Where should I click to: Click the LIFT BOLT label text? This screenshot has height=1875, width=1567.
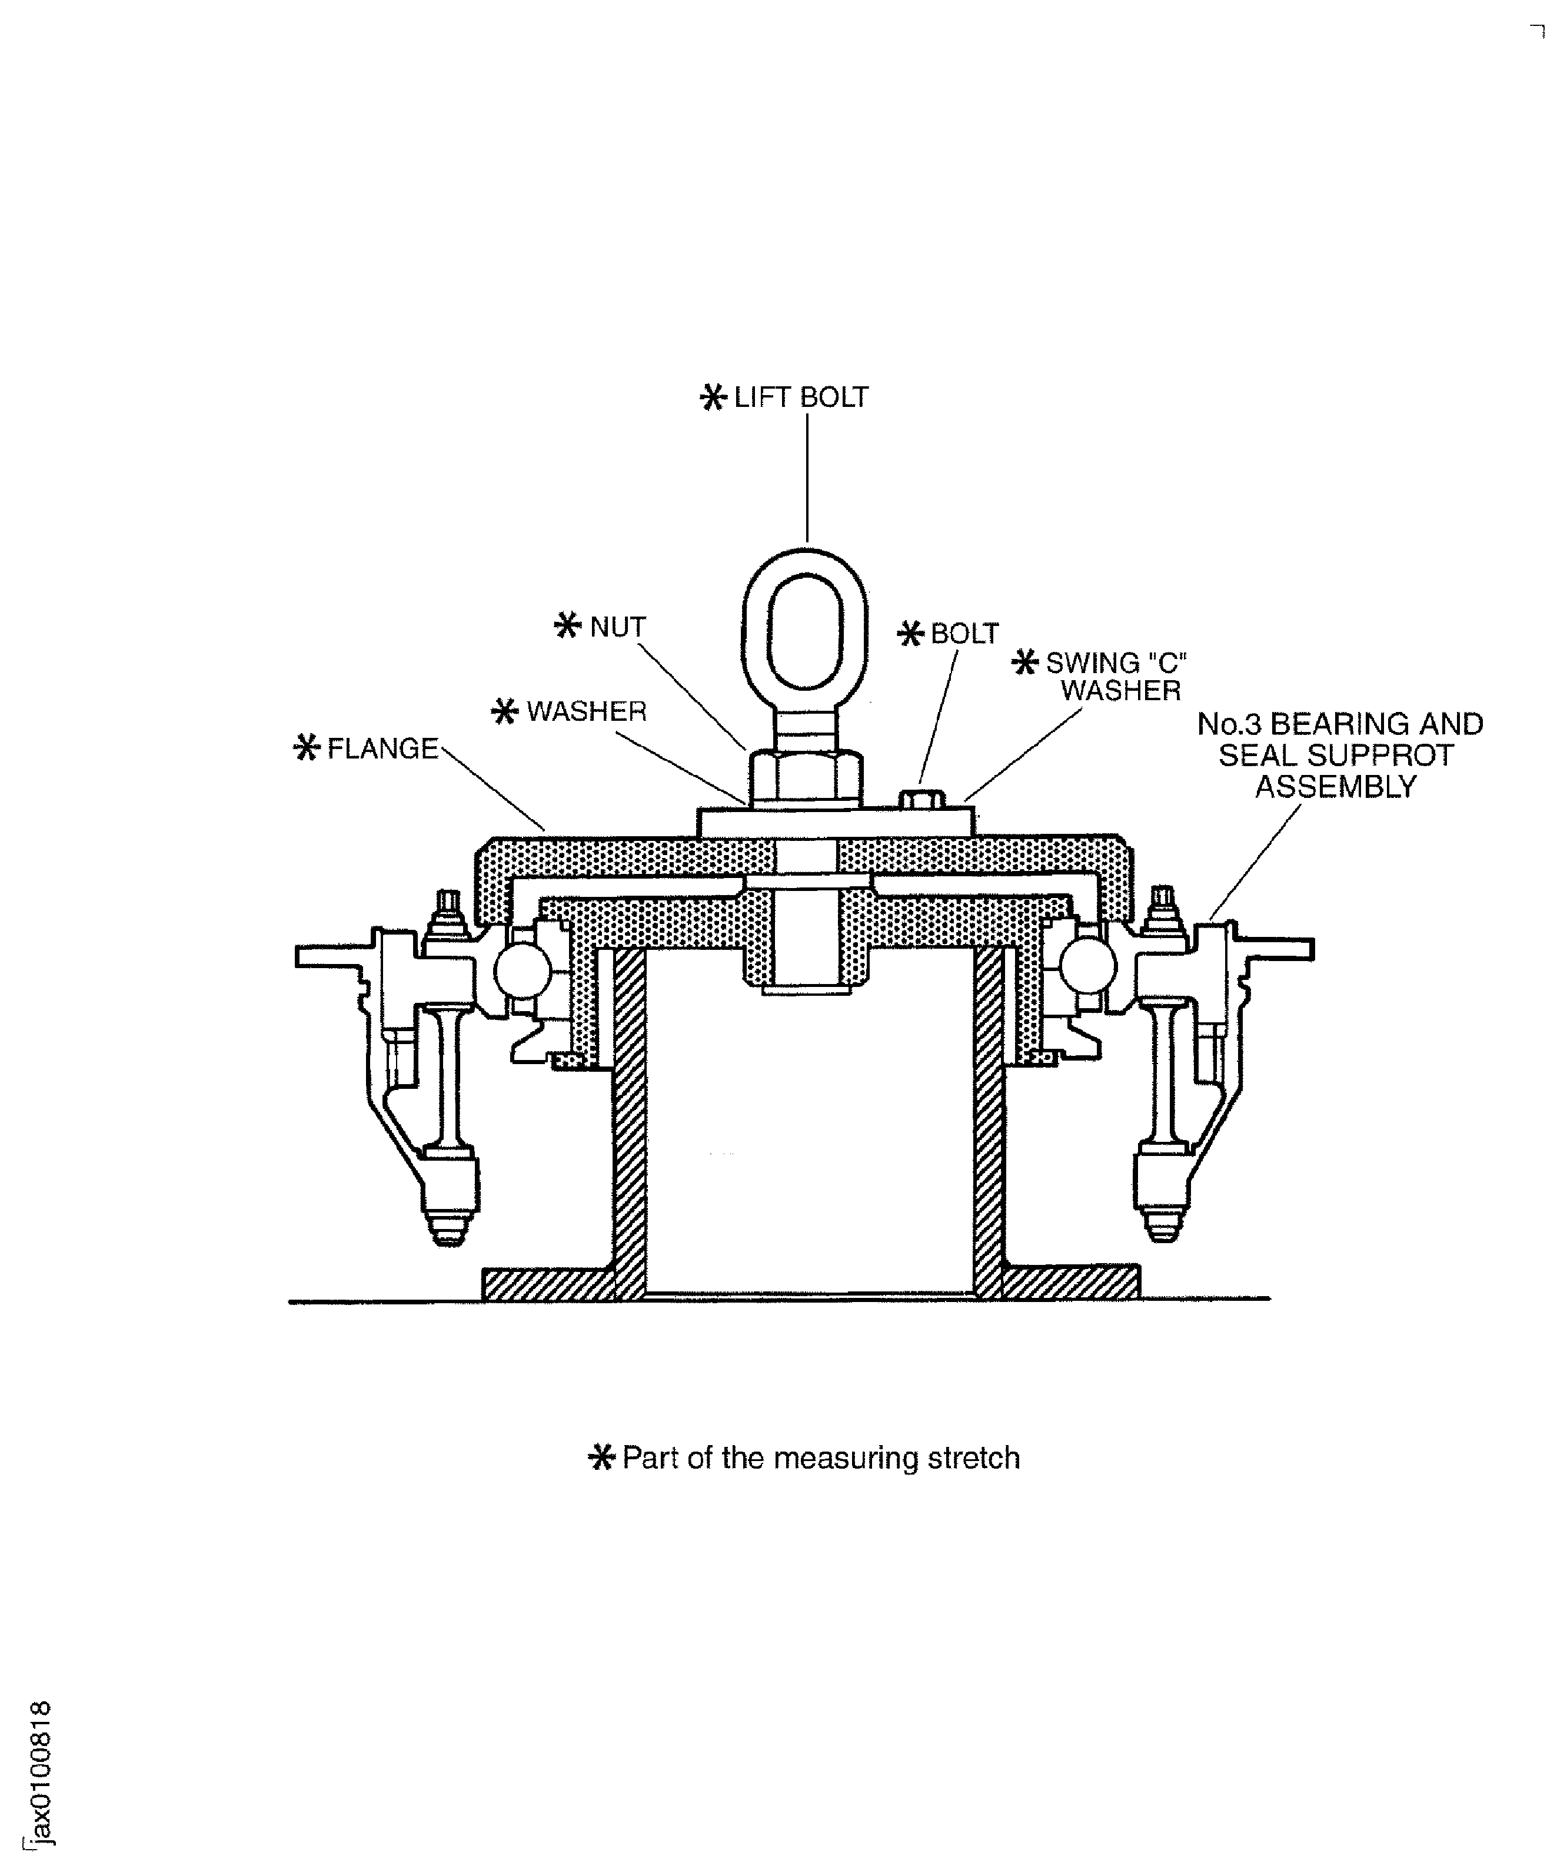tap(800, 397)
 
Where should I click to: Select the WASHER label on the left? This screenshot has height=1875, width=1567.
tap(586, 711)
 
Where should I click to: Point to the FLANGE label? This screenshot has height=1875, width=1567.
tap(383, 748)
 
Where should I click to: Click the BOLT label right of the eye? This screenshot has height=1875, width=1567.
tap(964, 634)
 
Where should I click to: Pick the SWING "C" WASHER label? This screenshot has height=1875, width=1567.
tap(1116, 676)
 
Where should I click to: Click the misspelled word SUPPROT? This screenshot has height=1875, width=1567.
tap(1337, 756)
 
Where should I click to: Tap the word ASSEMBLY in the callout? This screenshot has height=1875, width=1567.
tap(1336, 787)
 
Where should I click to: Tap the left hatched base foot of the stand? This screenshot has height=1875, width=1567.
tap(548, 1284)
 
